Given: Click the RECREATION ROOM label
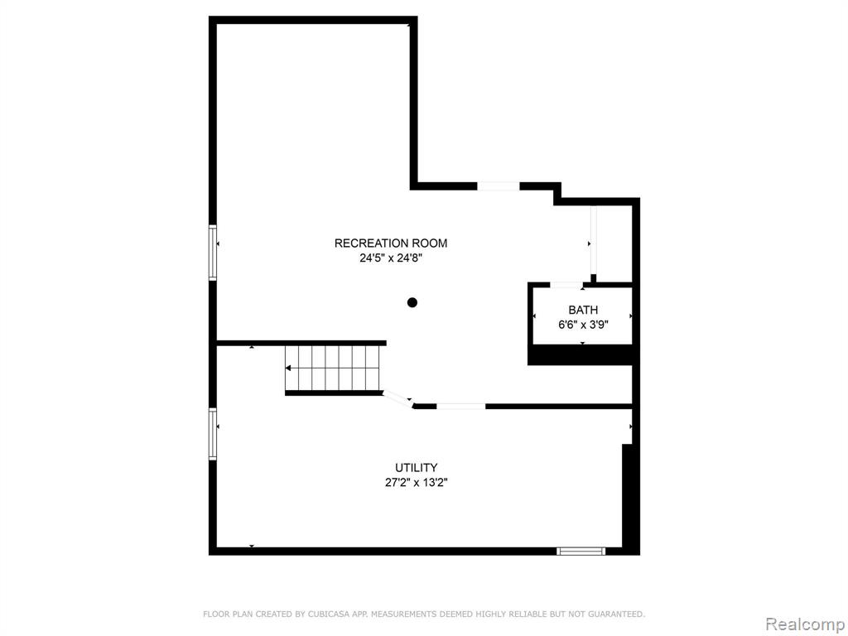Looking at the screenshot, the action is point(391,243).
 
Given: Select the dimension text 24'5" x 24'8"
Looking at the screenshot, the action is point(391,258).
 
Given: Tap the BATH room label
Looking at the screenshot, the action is point(583,310).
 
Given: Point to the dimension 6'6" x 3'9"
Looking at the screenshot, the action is point(583,325).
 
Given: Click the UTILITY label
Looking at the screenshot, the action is point(416,468).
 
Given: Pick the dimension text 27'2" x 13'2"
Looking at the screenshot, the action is point(416,483).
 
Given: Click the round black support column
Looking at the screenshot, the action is point(412,302).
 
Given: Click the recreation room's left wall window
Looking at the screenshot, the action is point(213,253).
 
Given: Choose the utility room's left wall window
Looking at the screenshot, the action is point(213,434).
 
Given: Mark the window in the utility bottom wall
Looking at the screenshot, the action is point(581,551).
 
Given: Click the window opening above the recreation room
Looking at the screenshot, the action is point(498,186).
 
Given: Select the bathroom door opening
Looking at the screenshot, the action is point(566,285).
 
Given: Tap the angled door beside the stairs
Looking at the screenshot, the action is point(398,399).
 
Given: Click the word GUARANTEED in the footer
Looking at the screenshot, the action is point(616,614).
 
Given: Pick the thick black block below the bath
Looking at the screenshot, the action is point(580,354).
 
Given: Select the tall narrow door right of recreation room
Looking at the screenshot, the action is point(593,241).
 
